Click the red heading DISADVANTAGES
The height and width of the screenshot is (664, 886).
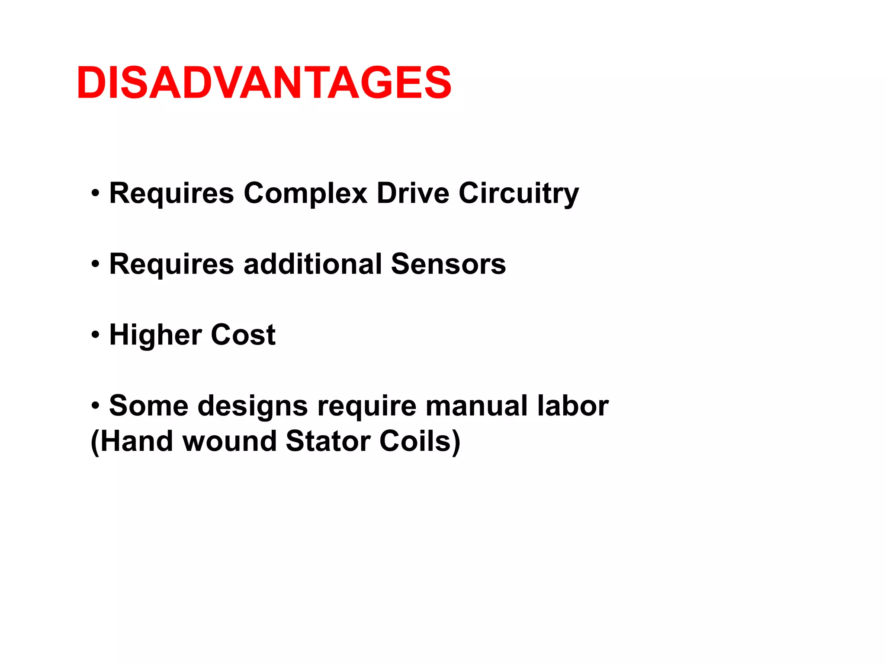click(264, 83)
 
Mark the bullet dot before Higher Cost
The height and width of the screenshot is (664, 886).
click(96, 335)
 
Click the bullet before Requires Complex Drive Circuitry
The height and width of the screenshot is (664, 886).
click(96, 193)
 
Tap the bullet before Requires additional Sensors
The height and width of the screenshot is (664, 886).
click(96, 264)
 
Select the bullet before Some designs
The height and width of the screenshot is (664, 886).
click(96, 406)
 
